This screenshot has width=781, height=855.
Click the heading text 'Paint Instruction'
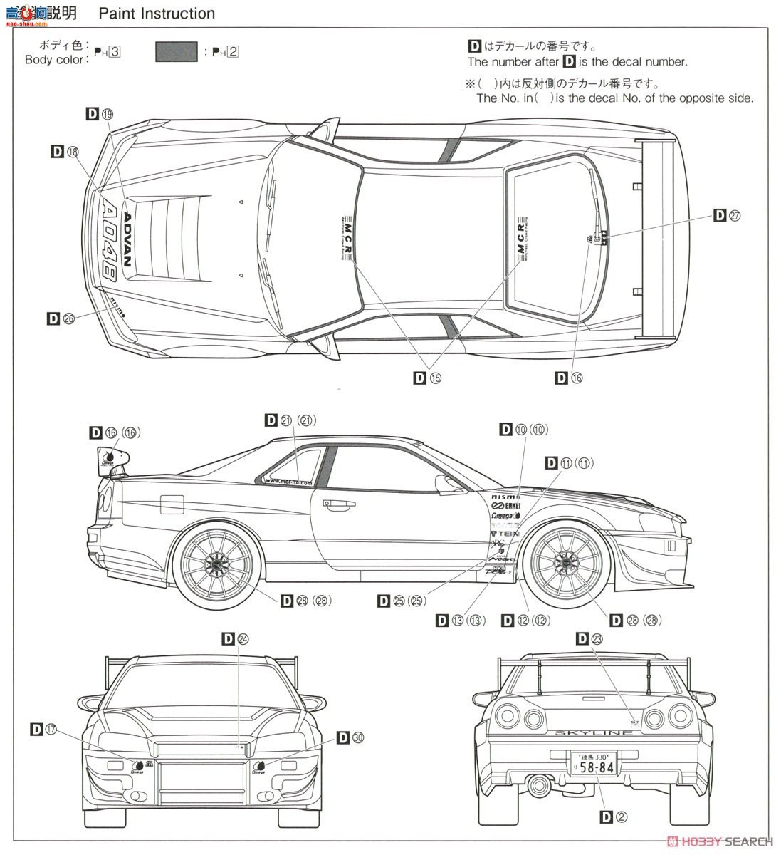click(157, 14)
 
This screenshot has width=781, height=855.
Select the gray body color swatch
click(176, 52)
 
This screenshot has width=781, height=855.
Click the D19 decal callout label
click(99, 113)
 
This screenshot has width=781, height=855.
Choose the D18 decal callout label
click(65, 151)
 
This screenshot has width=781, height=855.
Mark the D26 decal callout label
click(61, 318)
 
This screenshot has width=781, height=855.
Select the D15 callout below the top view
click(427, 378)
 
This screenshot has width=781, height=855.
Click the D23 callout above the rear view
click(589, 639)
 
